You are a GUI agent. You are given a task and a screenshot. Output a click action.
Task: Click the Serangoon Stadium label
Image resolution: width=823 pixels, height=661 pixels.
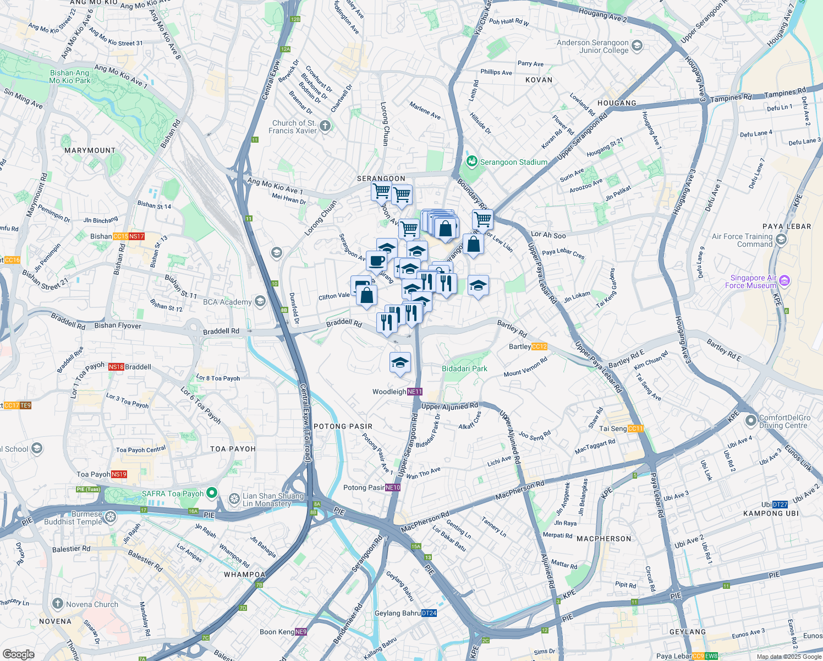513,162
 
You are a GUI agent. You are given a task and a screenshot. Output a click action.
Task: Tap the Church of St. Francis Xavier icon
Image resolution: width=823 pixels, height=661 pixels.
325,127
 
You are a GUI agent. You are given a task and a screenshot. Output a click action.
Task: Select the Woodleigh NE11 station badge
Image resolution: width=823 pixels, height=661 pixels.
415,392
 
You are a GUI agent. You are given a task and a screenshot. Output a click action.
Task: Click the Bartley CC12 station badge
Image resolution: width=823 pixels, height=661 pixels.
539,346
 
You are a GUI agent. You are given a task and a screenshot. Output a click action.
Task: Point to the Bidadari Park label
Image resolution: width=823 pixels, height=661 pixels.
464,369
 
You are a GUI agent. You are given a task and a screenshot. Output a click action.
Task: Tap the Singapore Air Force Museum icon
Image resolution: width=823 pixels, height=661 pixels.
784,281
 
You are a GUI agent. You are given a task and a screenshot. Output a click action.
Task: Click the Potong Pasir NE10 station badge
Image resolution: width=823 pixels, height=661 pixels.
393,487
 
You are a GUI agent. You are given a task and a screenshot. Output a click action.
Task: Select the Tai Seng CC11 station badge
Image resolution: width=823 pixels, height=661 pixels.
635,429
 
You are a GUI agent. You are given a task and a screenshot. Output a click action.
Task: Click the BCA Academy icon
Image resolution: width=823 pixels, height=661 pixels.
260,301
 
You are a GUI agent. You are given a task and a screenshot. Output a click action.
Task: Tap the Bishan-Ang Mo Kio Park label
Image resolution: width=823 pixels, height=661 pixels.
69,77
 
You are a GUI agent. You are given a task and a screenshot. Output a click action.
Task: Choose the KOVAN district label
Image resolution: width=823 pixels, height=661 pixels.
539,80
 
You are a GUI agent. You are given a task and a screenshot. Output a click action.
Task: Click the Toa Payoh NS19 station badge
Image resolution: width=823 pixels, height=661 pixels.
119,474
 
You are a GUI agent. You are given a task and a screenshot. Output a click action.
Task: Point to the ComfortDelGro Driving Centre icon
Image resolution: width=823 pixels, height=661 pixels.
751,421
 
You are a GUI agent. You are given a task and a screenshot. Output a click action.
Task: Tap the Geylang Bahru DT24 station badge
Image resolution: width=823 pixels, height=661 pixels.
429,613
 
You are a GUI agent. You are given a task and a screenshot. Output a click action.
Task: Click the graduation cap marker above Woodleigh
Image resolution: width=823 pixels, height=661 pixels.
400,362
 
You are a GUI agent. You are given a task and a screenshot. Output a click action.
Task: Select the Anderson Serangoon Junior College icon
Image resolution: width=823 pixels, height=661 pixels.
638,46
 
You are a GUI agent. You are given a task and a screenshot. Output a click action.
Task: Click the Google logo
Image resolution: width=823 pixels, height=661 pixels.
19,654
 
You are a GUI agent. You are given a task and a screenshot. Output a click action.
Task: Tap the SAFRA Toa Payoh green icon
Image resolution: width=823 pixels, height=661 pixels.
212,493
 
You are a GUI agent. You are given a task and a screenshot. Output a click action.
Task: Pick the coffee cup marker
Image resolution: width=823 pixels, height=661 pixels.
376,261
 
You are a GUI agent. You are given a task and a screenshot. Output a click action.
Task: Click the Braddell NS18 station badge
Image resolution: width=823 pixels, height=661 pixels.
116,367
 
